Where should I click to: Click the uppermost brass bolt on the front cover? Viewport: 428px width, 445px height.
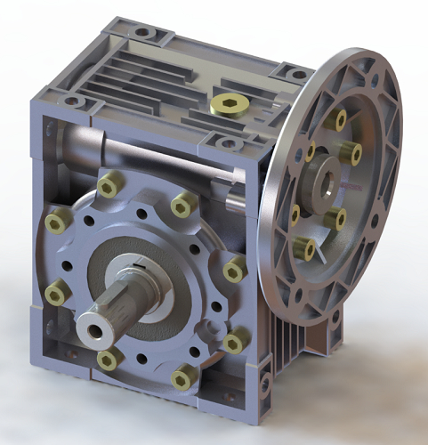click(109, 185)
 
